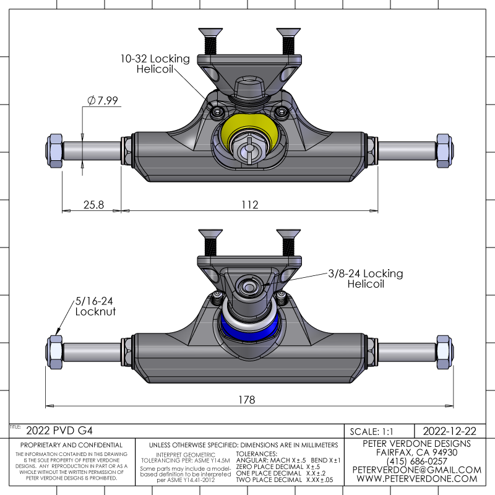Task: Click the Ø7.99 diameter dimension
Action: click(103, 100)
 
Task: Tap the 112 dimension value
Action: click(249, 204)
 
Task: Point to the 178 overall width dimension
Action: click(246, 400)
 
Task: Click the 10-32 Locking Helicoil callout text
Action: click(155, 64)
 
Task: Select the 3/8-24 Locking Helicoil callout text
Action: click(366, 278)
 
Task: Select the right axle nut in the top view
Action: click(444, 150)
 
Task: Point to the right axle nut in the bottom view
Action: click(444, 351)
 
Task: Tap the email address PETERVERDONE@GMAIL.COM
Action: click(416, 470)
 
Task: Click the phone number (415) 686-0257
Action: click(416, 461)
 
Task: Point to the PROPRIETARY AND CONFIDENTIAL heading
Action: click(72, 445)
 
